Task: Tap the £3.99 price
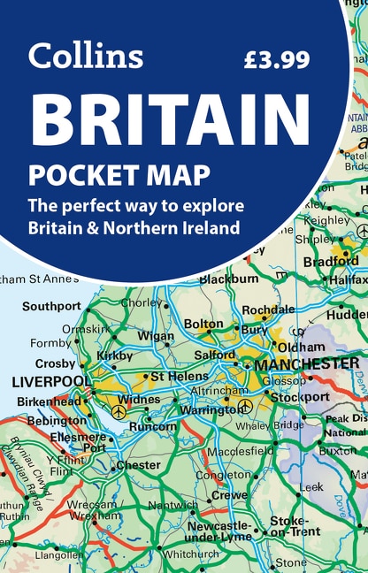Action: tap(277, 59)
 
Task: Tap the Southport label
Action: tap(51, 307)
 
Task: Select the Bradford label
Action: tap(330, 262)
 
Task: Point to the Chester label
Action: tap(138, 466)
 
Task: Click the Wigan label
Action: tap(157, 336)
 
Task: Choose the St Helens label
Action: tap(180, 376)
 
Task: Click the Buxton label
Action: tap(337, 450)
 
